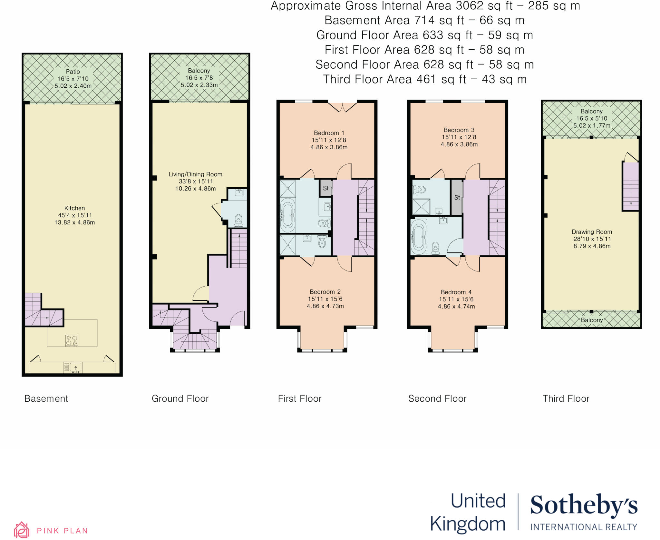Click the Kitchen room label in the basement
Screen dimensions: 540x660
[x=74, y=208]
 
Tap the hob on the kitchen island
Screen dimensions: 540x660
[x=72, y=340]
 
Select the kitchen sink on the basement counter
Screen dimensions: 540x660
[x=75, y=367]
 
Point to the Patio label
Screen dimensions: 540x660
[x=73, y=72]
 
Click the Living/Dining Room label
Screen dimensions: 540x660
[x=195, y=174]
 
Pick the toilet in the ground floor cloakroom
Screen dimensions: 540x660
[x=238, y=220]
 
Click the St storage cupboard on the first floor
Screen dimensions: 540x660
[x=326, y=188]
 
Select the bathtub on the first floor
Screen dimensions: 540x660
[x=287, y=215]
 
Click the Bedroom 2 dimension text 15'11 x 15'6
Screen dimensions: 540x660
[x=325, y=299]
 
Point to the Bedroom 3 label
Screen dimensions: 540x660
[x=459, y=130]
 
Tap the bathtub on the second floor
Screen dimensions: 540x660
[x=419, y=237]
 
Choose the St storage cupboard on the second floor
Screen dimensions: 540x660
[x=457, y=197]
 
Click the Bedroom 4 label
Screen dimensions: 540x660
[x=456, y=292]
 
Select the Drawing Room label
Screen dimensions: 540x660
[x=592, y=232]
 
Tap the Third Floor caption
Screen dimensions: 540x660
[x=566, y=399]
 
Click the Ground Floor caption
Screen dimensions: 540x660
[x=180, y=399]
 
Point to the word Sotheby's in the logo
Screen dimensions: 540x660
[x=584, y=506]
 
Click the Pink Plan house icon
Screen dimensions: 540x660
[x=22, y=530]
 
